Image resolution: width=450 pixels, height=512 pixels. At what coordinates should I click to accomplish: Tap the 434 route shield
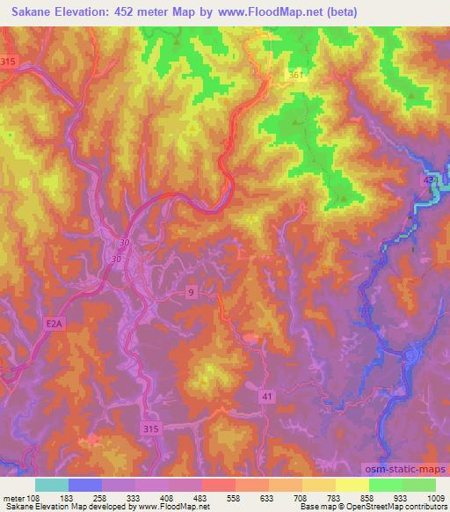tap(430, 180)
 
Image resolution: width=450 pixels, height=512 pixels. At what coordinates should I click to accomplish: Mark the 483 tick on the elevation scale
tap(200, 499)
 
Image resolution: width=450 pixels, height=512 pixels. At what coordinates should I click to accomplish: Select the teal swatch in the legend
tap(52, 485)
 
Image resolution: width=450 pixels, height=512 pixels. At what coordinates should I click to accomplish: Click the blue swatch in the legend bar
tap(85, 485)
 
